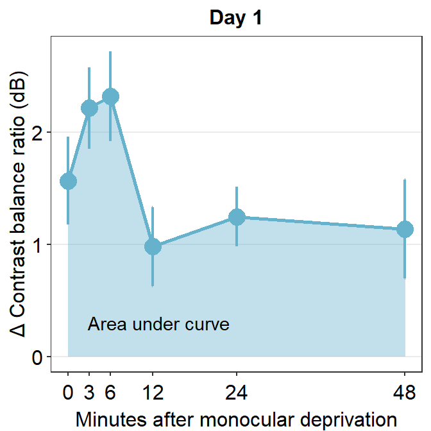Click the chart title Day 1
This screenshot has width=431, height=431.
point(236,19)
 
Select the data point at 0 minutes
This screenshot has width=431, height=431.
point(68,181)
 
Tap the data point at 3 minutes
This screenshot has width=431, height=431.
point(89,108)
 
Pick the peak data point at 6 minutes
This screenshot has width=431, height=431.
point(110,97)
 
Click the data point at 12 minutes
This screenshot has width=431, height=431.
point(153,246)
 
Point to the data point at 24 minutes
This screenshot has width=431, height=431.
point(237,217)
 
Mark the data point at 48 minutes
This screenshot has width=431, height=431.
point(405,229)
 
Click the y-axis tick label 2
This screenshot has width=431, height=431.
point(38,133)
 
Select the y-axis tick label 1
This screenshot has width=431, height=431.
point(38,245)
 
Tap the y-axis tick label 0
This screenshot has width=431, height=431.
point(38,357)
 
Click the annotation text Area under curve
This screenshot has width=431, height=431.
point(158,325)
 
